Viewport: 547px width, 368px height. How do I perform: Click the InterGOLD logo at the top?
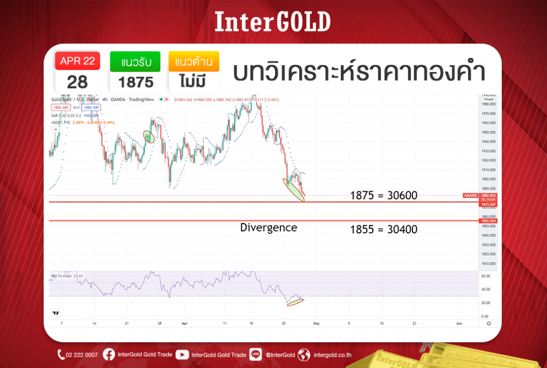[273, 21]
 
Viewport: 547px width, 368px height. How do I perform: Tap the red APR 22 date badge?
[77, 61]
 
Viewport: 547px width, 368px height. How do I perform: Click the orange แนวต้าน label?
[193, 62]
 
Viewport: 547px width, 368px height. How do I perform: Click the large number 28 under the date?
[77, 82]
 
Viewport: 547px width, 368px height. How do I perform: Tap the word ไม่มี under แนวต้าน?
[193, 82]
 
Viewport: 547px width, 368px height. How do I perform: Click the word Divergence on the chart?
[268, 228]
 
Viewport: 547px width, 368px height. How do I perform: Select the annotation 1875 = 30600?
[384, 195]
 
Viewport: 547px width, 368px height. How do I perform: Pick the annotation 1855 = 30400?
[384, 230]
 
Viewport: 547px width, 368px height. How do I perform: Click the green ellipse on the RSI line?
[295, 302]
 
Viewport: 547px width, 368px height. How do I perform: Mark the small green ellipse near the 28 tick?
[149, 137]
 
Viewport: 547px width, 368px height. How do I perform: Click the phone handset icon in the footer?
[61, 354]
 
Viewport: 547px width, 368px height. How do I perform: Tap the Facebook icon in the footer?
[108, 354]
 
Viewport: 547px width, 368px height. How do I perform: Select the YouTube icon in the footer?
[182, 354]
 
